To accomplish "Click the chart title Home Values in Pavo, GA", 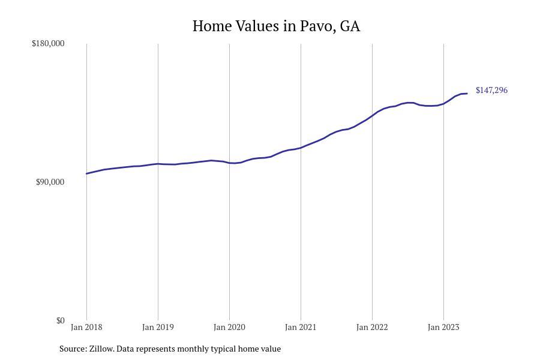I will click(x=276, y=26).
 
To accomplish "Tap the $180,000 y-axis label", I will click(x=48, y=43).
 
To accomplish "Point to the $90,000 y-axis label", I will click(x=50, y=182).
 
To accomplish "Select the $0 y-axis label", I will click(x=60, y=320).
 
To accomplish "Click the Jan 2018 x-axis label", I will click(x=86, y=328).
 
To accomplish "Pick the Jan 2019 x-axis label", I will click(x=158, y=328).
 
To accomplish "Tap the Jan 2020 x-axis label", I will click(x=229, y=328).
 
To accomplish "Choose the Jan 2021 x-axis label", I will click(x=301, y=328).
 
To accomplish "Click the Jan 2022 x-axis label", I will click(x=372, y=328).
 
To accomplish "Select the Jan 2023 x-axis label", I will click(x=443, y=328).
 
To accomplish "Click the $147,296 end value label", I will click(x=491, y=91).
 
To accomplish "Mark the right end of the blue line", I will click(x=467, y=94).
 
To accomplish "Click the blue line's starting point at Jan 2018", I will click(x=86, y=173).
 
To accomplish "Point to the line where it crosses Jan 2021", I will click(x=301, y=148).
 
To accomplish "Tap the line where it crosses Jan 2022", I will click(x=372, y=115).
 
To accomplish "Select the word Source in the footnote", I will click(x=73, y=349).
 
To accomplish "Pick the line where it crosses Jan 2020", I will click(x=229, y=163).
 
